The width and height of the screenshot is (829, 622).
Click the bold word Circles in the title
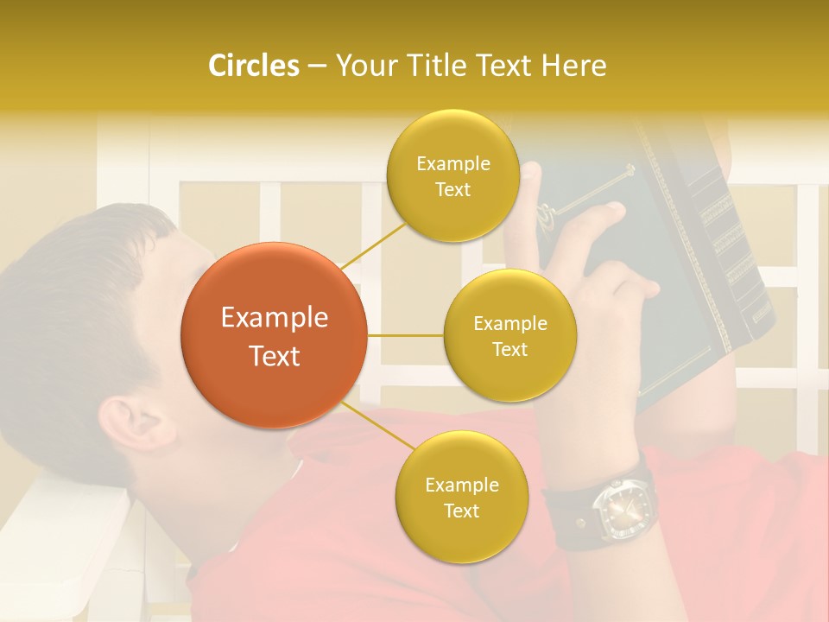253,66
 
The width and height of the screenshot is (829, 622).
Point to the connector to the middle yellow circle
406,335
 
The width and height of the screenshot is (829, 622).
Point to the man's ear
142,423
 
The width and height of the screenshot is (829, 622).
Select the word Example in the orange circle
274,318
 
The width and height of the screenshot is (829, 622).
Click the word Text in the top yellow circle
452,190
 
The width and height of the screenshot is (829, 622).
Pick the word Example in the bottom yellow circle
461,486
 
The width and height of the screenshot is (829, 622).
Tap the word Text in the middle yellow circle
509,350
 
